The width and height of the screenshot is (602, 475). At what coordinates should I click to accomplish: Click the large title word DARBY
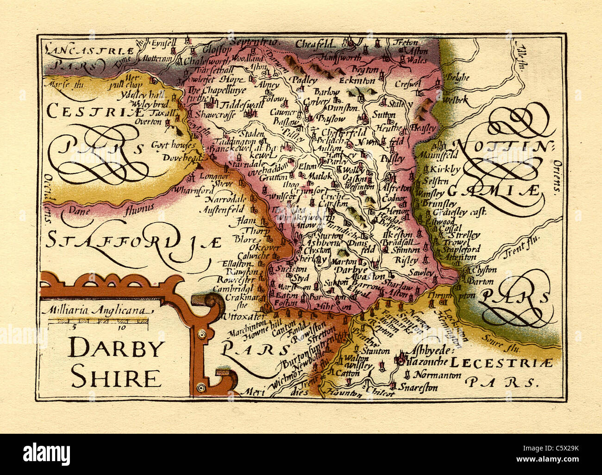tap(116, 348)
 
